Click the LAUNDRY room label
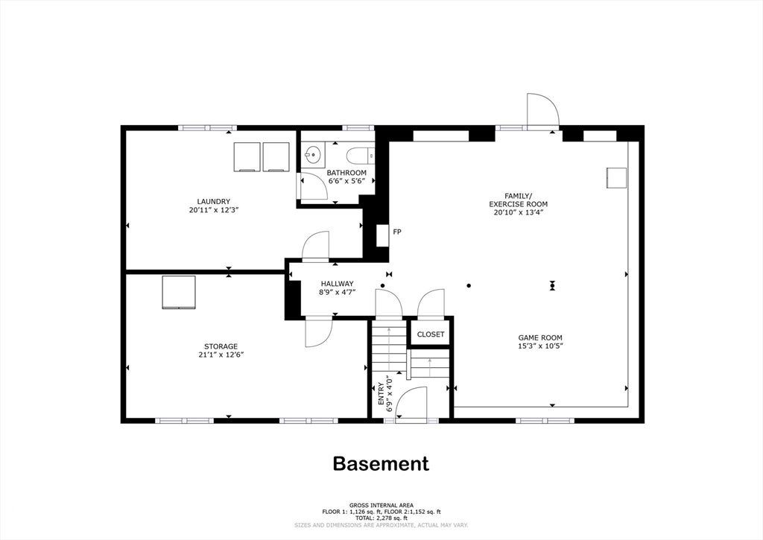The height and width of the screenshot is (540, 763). click(x=213, y=201)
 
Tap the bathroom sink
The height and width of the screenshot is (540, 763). click(x=312, y=155)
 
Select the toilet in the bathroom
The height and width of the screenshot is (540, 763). click(x=360, y=156)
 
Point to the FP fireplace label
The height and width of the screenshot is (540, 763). click(x=397, y=232)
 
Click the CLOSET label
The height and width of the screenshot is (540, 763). click(x=431, y=334)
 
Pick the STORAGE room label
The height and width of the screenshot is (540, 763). click(x=221, y=346)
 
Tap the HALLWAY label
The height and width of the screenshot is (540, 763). click(x=338, y=284)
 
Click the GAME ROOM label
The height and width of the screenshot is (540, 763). click(x=540, y=337)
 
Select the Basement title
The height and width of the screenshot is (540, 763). click(x=381, y=463)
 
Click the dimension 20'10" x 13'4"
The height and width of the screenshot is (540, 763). click(x=519, y=212)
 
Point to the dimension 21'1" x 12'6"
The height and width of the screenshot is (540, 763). click(x=221, y=355)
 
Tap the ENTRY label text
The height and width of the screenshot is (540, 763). click(x=381, y=393)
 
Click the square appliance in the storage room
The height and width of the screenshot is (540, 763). click(x=179, y=292)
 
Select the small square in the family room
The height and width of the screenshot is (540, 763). click(x=616, y=178)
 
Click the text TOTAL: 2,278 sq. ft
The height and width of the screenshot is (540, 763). click(x=381, y=518)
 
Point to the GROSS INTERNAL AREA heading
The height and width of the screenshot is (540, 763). click(x=381, y=506)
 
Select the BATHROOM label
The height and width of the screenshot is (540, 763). click(x=346, y=173)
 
